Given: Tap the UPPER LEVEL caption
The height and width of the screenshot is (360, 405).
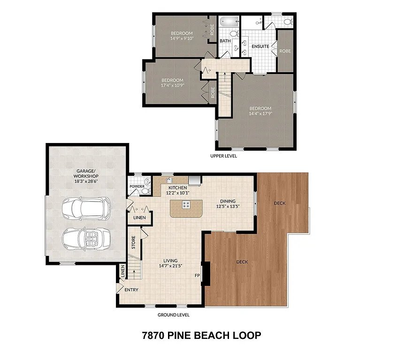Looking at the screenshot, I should tap(223, 156).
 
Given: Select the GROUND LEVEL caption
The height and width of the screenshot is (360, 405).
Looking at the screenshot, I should tap(173, 315).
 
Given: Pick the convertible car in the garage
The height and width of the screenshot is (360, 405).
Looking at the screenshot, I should tap(86, 238).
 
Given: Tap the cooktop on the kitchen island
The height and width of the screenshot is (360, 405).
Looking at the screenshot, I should tap(186, 204).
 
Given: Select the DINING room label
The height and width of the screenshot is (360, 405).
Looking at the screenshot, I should tap(228, 201).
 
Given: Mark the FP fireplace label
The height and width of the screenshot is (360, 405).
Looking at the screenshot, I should tap(197, 276).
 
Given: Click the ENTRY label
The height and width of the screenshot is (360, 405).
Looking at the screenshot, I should tap(131, 290).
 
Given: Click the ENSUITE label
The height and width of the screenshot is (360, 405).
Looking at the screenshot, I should tap(260, 46).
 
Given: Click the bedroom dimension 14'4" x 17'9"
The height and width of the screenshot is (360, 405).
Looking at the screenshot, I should tap(260, 113).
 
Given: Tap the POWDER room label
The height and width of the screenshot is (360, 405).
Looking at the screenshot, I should tap(137, 186).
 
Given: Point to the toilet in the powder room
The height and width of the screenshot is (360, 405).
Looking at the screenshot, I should tap(148, 181).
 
